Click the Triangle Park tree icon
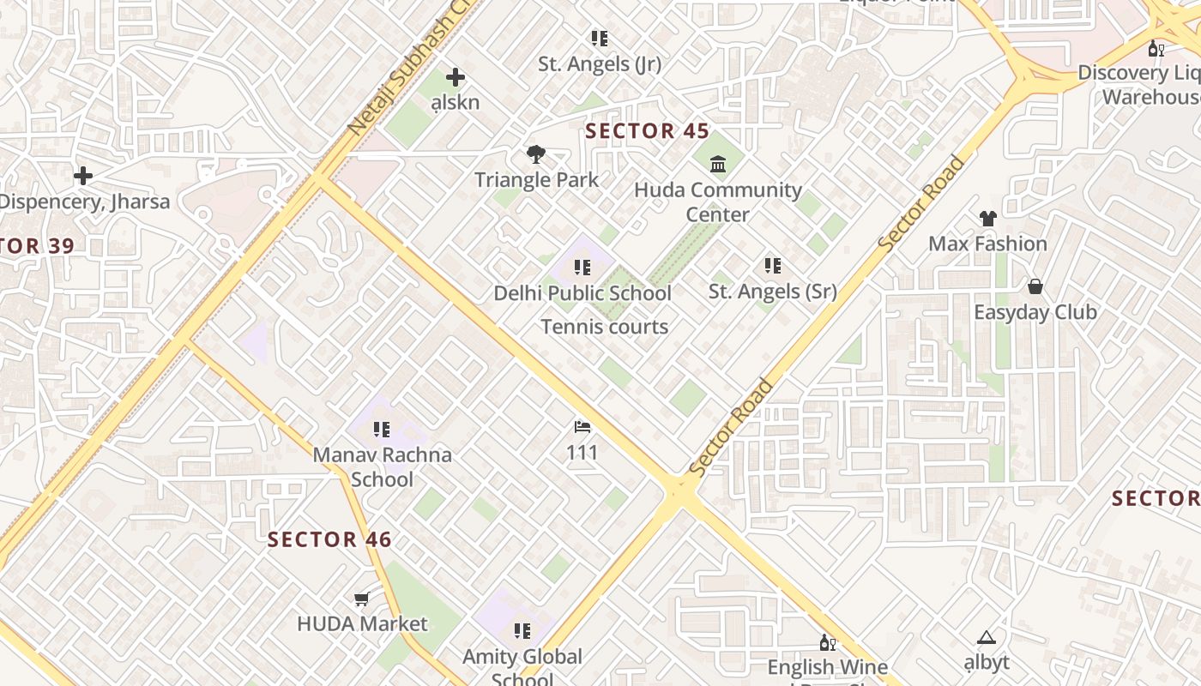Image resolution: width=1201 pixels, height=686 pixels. pos(536,154)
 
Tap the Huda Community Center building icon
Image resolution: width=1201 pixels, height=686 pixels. pos(718,163)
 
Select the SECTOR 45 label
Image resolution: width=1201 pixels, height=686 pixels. pos(647,131)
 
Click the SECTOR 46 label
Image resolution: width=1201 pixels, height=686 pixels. pos(329,539)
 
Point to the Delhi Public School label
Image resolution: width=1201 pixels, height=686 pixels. pos(582,293)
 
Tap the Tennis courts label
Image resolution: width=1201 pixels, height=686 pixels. pos(604,327)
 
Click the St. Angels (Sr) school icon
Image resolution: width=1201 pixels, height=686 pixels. pos(772,266)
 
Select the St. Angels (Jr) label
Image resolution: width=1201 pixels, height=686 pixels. pos(599,64)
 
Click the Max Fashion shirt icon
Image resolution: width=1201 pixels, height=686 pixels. pos(987,219)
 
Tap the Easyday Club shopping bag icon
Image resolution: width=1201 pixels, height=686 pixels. pos(1035,286)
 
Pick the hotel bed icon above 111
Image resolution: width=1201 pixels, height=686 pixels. pos(582,426)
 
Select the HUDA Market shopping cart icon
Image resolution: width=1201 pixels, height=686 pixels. pos(362,599)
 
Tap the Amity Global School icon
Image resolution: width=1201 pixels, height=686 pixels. pos(522,632)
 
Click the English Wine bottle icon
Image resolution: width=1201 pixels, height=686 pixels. pos(827,642)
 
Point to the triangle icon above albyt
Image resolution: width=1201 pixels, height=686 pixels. pos(986,637)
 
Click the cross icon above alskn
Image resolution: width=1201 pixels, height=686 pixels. pos(456,77)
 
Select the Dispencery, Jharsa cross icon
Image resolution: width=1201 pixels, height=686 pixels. pos(83,176)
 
